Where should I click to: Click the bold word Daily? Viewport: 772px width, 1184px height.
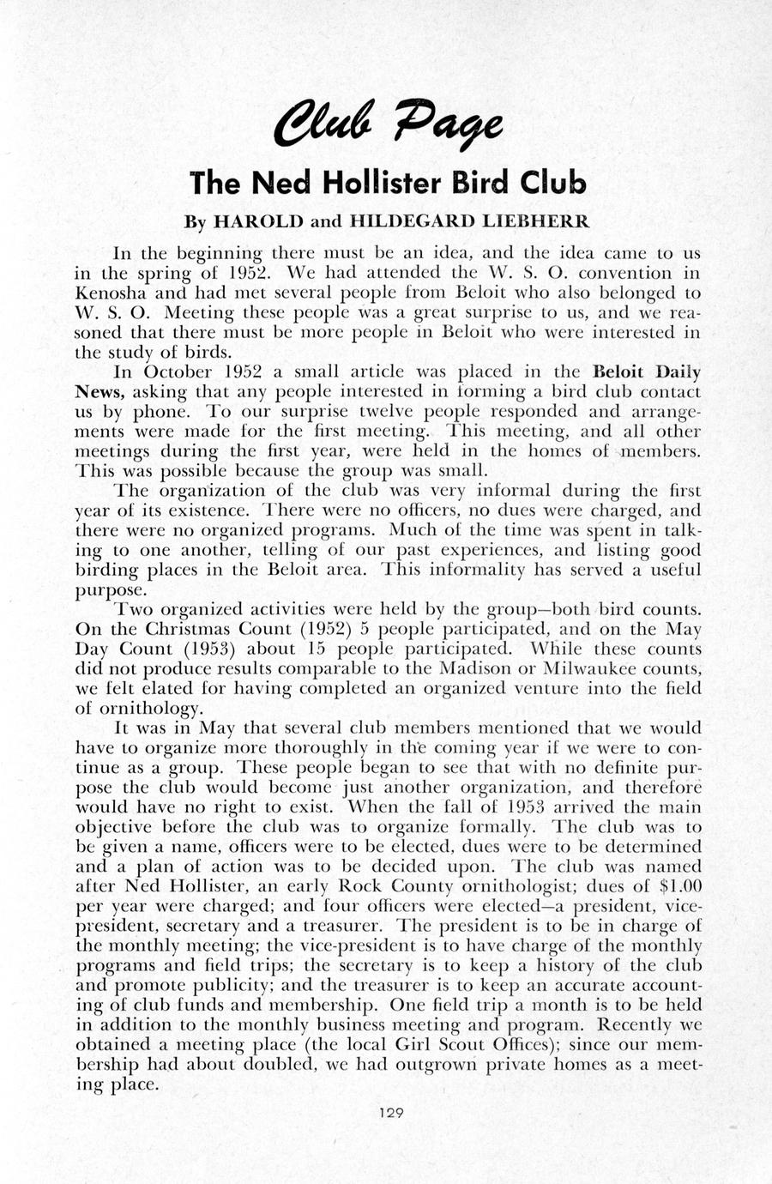(x=678, y=372)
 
